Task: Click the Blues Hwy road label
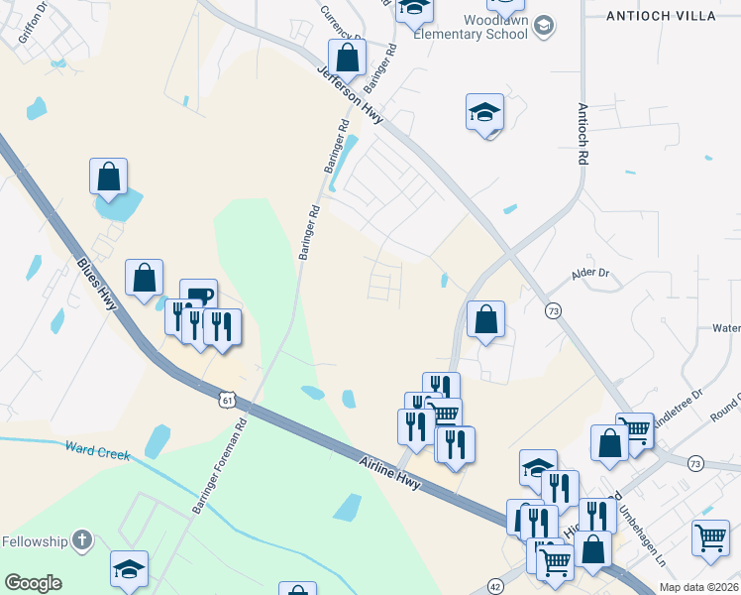[x=96, y=283]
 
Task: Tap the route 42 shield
[x=495, y=586]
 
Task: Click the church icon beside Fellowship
[x=82, y=541]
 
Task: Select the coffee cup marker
[x=198, y=296]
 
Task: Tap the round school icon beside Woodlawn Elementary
[x=542, y=26]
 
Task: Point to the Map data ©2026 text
[x=698, y=587]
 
